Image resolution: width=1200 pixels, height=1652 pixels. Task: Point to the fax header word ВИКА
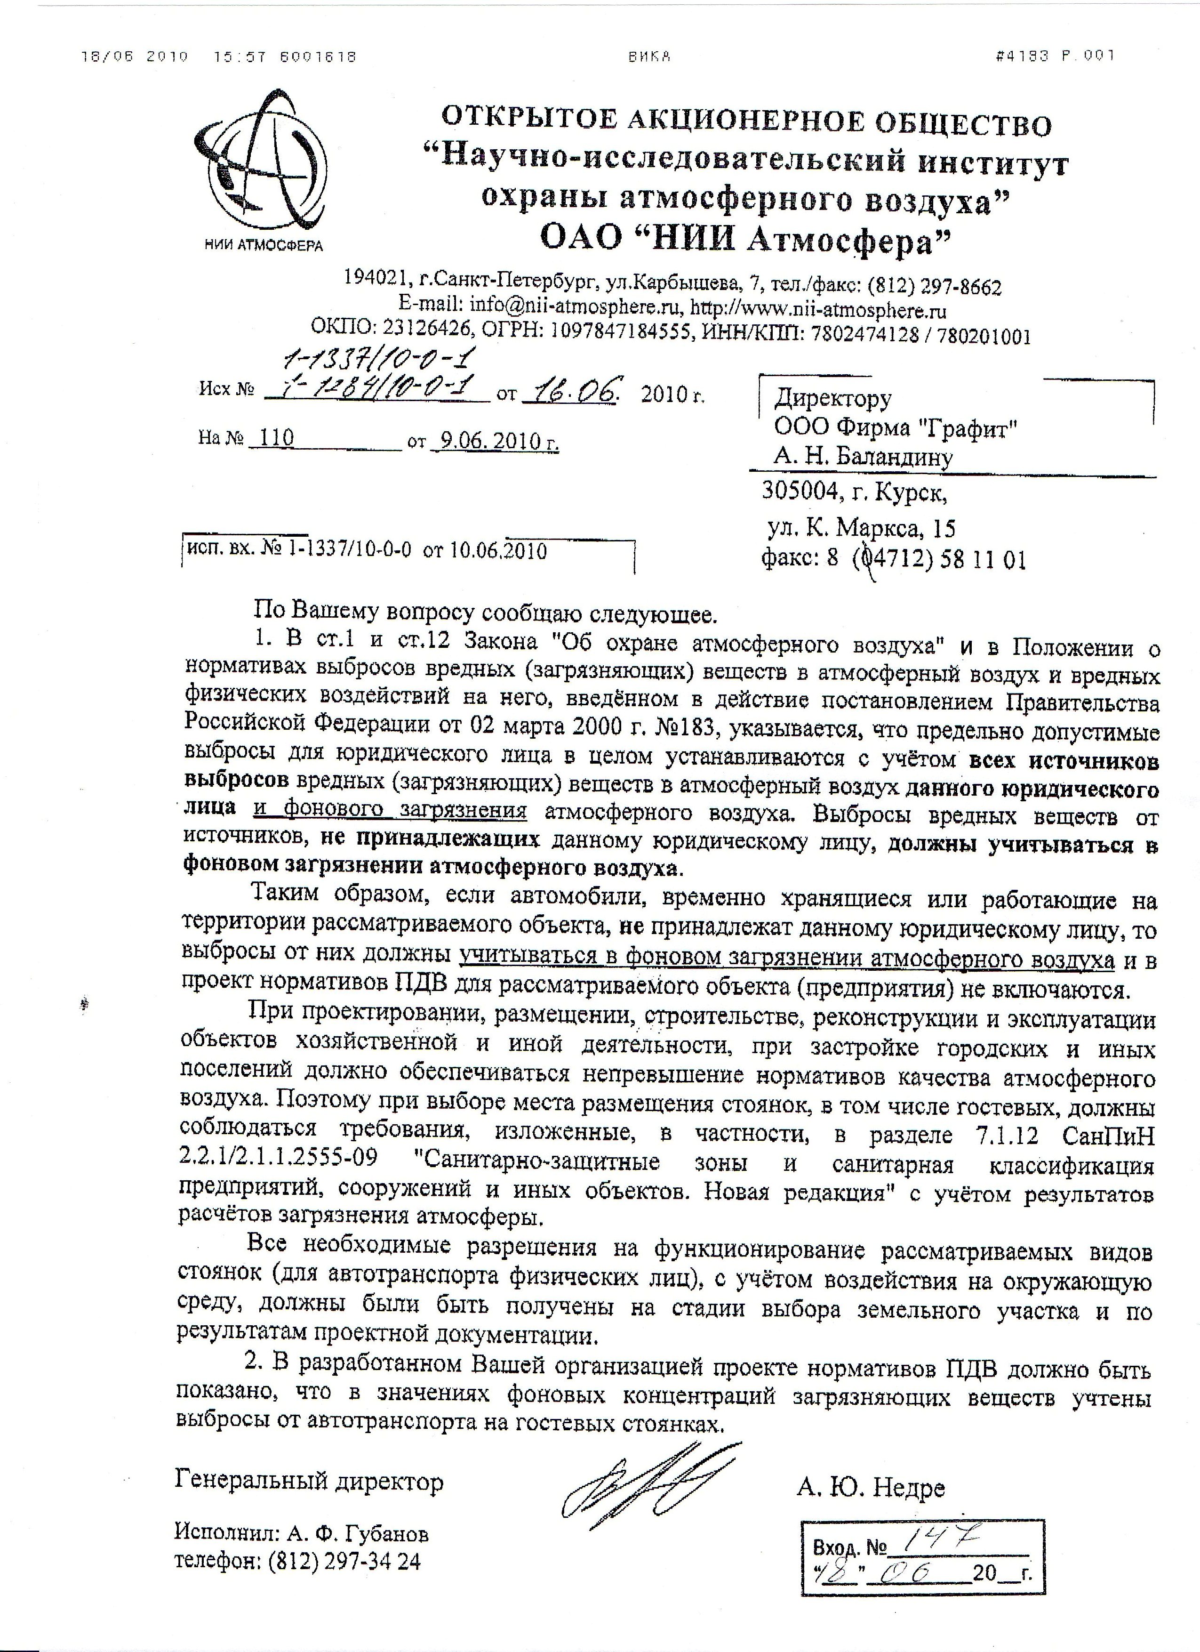[x=649, y=56]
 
